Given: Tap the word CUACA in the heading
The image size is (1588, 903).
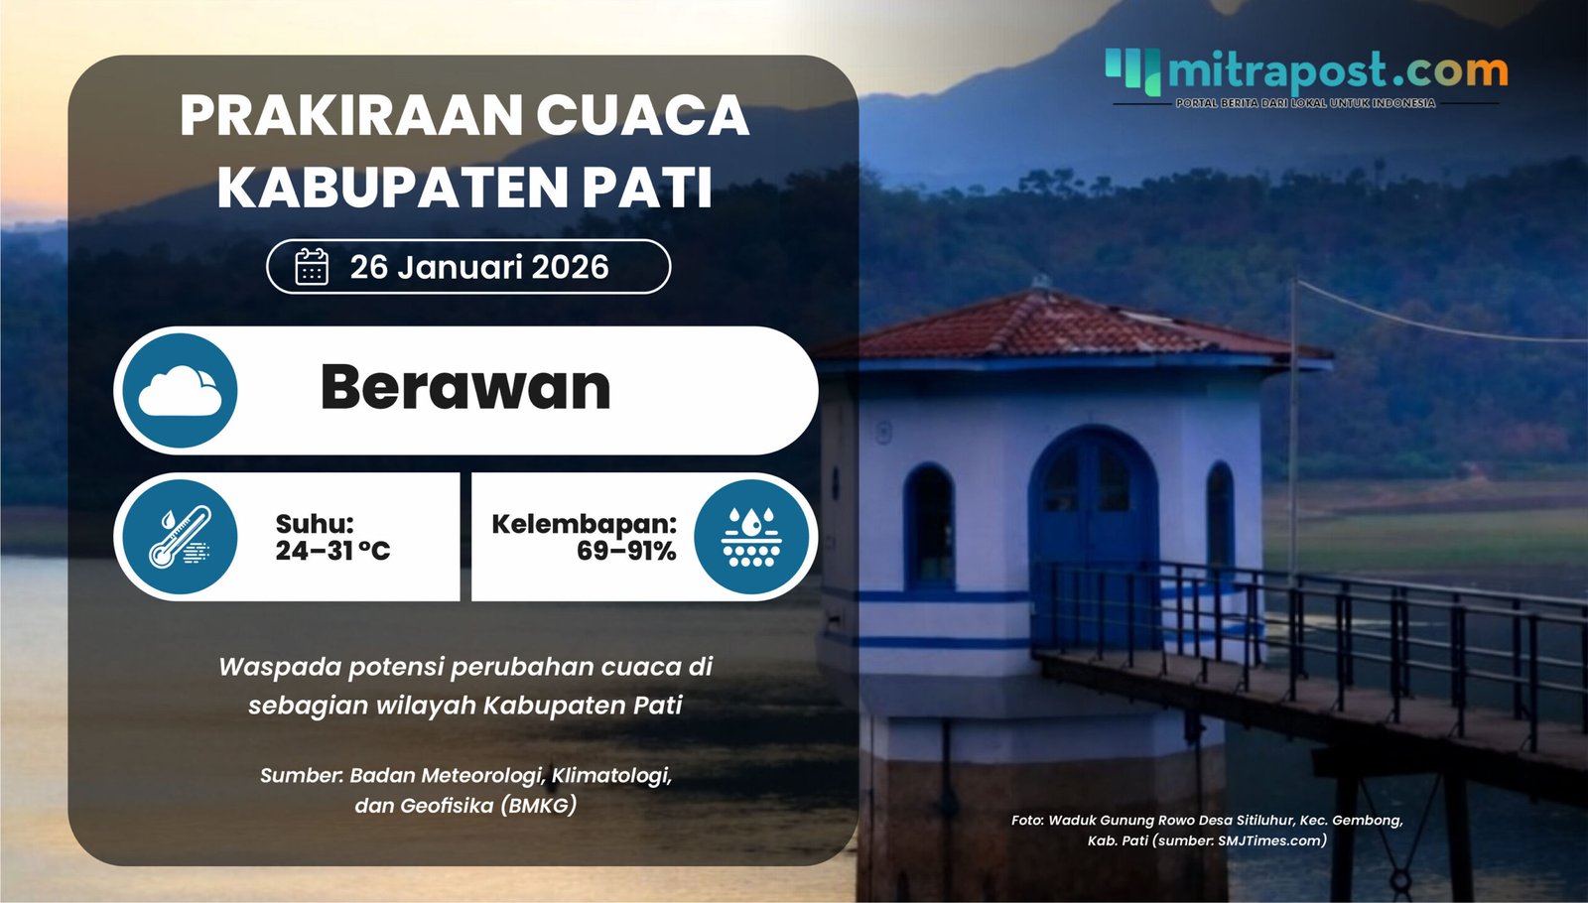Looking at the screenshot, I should point(642,116).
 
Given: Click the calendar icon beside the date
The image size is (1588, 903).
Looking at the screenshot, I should point(312,267).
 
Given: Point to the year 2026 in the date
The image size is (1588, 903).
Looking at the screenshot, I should point(570,267).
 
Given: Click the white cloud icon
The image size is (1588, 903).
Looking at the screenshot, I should point(180,390).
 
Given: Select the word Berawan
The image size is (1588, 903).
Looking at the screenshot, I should point(464,387).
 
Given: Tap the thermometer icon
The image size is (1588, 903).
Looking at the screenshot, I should point(180,537).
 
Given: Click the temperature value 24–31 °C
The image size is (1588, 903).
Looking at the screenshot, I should point(332,551).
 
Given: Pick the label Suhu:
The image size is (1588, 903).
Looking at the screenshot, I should point(315,523).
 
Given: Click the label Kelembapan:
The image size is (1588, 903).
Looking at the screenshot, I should point(584,523).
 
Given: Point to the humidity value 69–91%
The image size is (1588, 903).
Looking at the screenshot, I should point(626,551).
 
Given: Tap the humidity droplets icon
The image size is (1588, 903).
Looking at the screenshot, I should point(751,537).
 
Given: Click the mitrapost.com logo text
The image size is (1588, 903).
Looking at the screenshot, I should point(1337,70).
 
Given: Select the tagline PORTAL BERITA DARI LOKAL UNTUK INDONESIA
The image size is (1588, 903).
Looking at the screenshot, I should point(1305,103).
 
